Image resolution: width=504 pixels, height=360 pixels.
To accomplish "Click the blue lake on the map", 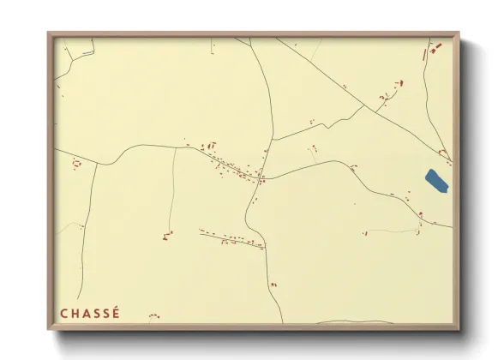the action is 436,181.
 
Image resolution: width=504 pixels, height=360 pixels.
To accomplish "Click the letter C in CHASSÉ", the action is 64,313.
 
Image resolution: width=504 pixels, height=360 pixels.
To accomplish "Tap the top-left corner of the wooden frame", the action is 48,33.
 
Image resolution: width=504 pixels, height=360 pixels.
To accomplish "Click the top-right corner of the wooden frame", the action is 459,33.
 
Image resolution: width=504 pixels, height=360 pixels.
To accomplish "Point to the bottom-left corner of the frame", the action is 48,330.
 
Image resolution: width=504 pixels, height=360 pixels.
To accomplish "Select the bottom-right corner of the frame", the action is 459,330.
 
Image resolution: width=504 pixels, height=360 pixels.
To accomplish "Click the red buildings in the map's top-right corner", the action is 434,48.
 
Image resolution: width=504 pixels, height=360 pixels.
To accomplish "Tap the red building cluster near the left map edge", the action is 76,163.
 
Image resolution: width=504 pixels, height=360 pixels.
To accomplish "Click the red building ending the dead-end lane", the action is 167,234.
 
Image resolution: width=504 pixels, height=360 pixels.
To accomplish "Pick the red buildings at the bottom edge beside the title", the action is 153,316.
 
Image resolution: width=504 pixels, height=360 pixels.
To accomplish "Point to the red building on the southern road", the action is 273,284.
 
